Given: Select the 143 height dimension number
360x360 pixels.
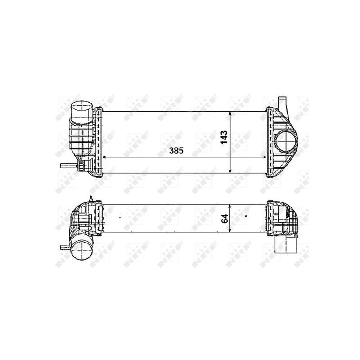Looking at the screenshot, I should point(224,137).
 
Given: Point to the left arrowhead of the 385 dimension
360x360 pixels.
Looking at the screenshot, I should point(105,157).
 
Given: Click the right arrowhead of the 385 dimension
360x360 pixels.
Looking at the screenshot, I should point(265,157).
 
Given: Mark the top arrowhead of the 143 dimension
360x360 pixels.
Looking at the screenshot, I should point(230,114).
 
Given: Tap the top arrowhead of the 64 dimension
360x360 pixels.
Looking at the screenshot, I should point(230,206).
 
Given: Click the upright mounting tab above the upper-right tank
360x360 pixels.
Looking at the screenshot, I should point(282,103).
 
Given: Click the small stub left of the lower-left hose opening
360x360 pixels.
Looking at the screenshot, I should point(64,247).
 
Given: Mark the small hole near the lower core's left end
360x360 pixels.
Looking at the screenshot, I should point(121,218).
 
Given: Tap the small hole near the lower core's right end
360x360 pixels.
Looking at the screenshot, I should point(246,218).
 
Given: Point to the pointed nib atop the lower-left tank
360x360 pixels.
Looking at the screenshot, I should point(91,199).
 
